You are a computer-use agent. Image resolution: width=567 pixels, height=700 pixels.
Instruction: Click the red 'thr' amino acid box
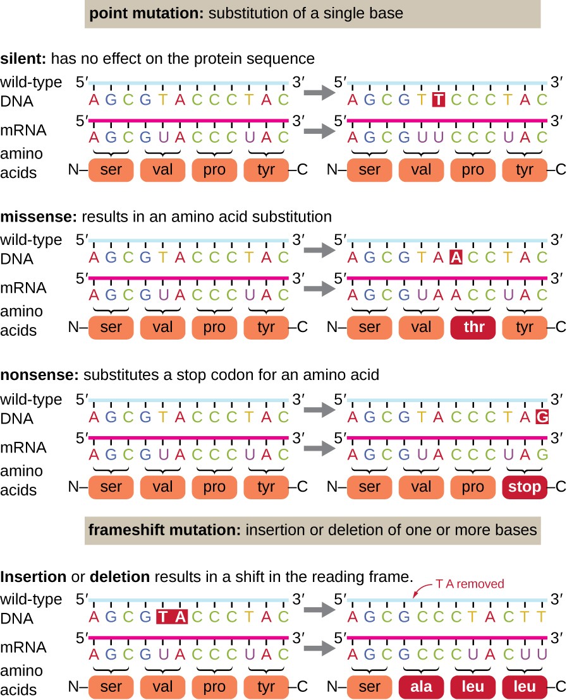pos(473,327)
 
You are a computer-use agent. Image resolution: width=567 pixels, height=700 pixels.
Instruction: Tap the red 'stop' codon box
pos(525,487)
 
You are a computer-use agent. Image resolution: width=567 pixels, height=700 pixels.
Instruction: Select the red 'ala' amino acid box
pos(421,687)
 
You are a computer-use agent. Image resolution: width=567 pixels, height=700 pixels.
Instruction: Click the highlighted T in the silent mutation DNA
pos(439,99)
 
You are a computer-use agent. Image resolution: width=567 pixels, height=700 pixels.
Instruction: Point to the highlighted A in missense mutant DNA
pos(456,257)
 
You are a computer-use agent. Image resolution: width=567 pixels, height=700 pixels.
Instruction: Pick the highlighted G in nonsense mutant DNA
pos(542,417)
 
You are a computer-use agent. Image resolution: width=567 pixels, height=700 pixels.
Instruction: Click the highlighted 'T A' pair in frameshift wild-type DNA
pos(172,617)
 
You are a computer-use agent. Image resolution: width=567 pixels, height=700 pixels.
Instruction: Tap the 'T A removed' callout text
pos(470,583)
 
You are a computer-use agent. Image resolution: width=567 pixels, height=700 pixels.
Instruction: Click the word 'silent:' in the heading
pos(23,59)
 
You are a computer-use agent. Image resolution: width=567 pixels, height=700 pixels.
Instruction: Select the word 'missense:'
pos(39,217)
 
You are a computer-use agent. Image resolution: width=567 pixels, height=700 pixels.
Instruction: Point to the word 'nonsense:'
pos(40,374)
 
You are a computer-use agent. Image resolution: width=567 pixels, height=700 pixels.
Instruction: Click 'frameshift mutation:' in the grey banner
pos(165,530)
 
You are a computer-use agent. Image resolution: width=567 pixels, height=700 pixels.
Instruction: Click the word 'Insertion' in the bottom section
pos(33,577)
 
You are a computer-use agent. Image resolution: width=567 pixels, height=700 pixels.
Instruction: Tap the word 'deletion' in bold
pos(120,577)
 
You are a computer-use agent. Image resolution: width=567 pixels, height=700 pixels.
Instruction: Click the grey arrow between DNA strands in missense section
pos(319,250)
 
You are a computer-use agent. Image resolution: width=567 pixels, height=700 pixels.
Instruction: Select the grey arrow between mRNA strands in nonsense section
pos(319,448)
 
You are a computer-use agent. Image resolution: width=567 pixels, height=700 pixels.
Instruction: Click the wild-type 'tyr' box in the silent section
pos(266,170)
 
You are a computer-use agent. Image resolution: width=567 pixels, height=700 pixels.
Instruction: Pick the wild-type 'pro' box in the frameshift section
pos(214,687)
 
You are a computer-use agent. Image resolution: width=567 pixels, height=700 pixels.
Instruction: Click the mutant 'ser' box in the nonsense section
pos(369,487)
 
